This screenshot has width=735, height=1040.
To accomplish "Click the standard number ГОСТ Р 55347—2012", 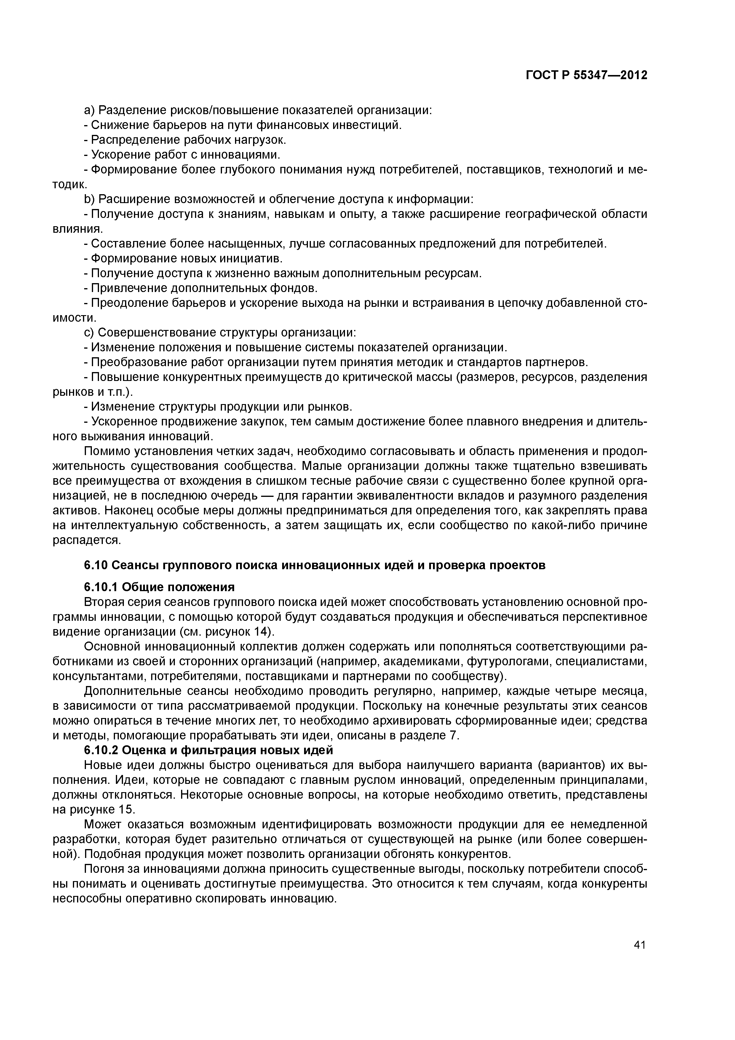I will tap(587, 75).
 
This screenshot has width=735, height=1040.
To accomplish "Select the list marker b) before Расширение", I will tap(89, 199).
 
